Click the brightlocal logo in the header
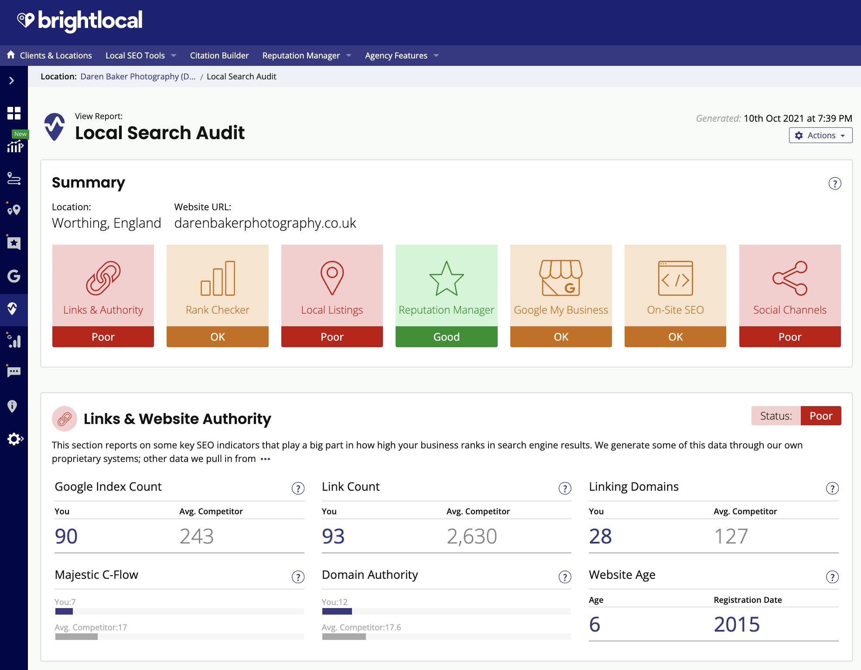click(x=80, y=21)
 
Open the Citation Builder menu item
click(x=219, y=55)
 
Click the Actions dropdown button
click(x=820, y=135)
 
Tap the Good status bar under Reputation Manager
click(x=446, y=337)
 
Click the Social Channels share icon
click(x=789, y=278)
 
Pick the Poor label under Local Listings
click(x=332, y=337)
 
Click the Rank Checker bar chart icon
click(x=218, y=278)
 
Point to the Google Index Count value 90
click(x=66, y=536)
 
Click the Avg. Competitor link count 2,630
click(x=471, y=536)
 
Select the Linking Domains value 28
click(x=600, y=536)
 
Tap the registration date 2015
click(x=737, y=624)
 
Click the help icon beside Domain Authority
click(x=565, y=577)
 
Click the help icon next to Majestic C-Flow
click(x=298, y=577)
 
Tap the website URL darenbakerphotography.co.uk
click(x=265, y=223)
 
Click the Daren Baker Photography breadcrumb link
click(x=138, y=76)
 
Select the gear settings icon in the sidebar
click(x=14, y=439)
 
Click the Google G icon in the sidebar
click(x=14, y=276)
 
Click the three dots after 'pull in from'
click(x=265, y=459)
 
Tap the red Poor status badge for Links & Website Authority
click(x=820, y=416)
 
